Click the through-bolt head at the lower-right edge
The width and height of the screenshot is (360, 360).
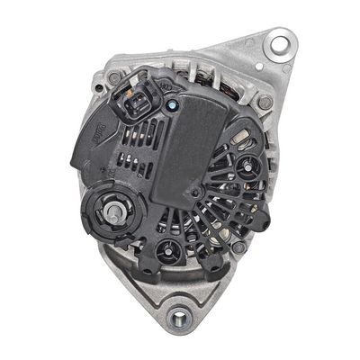pyautogui.click(x=239, y=245)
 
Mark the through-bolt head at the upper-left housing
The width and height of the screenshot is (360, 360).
pyautogui.click(x=114, y=78)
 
